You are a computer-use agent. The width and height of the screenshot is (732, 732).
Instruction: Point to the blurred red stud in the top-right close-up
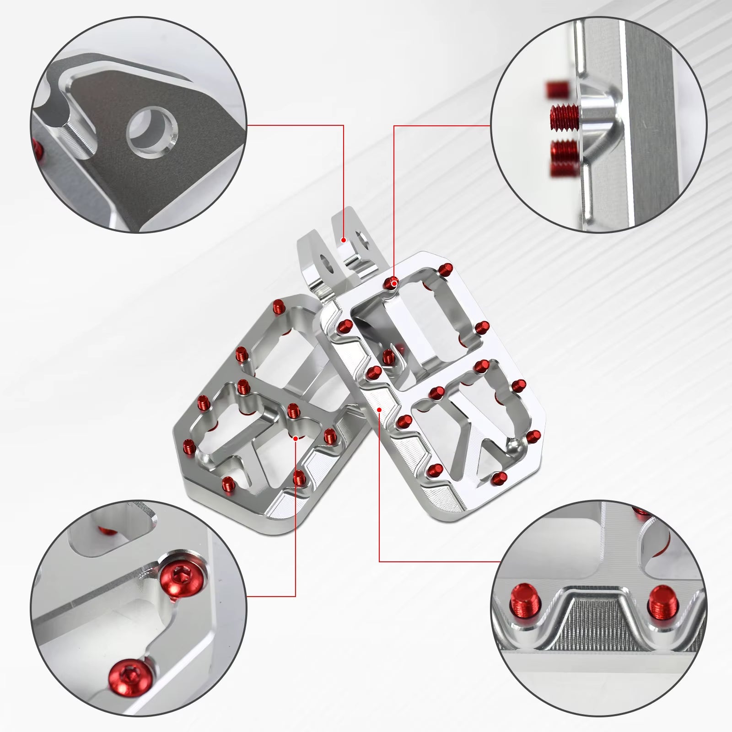[558, 89]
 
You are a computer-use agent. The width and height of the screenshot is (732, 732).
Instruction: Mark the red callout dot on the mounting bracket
[344, 239]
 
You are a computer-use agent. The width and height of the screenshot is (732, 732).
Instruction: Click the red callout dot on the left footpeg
[296, 438]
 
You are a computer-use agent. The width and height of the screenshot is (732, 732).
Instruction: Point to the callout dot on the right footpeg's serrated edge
[380, 409]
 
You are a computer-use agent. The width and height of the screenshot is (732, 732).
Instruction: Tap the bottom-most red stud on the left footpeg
[227, 483]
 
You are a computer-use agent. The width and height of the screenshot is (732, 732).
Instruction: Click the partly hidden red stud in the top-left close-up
[38, 146]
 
